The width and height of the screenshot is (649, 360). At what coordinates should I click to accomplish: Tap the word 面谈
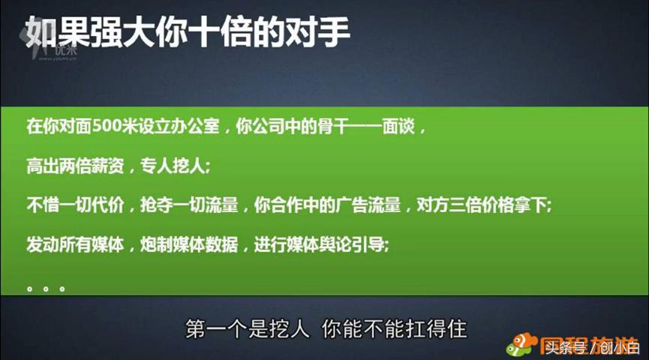(x=401, y=124)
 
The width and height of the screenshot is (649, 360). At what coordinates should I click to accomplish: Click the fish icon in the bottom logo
(x=518, y=345)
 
